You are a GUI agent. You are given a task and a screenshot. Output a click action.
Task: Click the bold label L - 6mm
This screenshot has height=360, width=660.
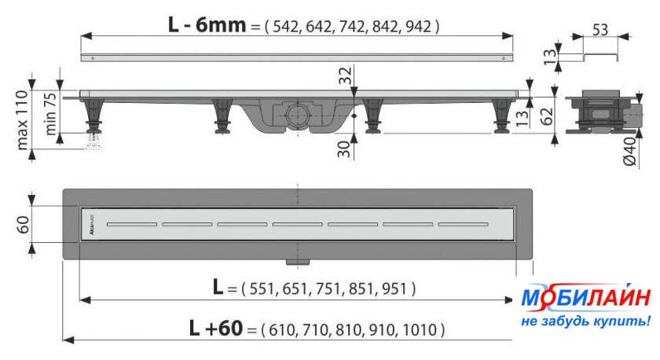click(207, 25)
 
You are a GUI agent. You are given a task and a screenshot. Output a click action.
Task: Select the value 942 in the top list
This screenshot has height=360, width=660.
click(418, 27)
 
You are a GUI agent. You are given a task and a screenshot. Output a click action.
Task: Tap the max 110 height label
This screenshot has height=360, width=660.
click(22, 120)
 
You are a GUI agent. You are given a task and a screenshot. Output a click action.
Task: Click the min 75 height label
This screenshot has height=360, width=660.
click(49, 114)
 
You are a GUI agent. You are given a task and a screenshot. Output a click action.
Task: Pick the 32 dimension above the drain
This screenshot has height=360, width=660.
click(345, 75)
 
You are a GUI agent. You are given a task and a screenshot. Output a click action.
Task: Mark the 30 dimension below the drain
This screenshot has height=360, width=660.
click(344, 149)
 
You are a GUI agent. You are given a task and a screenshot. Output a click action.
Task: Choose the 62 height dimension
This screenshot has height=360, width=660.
click(546, 116)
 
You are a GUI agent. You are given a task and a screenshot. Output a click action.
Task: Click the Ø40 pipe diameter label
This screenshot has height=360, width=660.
click(629, 152)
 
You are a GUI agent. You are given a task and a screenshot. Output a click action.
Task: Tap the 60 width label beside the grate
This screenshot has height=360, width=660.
click(23, 225)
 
